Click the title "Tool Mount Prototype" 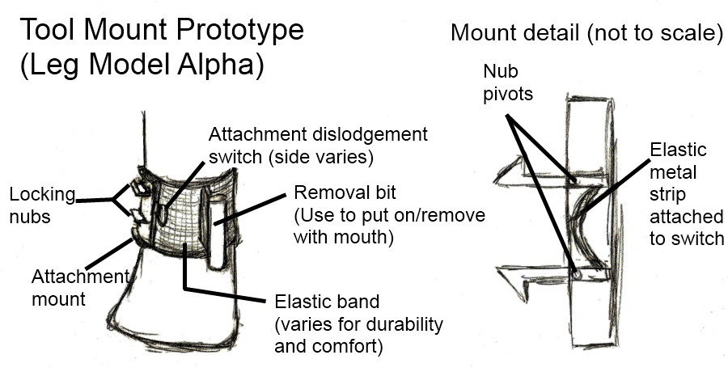coord(161,31)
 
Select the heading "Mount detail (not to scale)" coord(586,33)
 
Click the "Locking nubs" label coord(42,205)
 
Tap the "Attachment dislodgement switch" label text coord(318,143)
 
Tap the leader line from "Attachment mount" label coord(109,255)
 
